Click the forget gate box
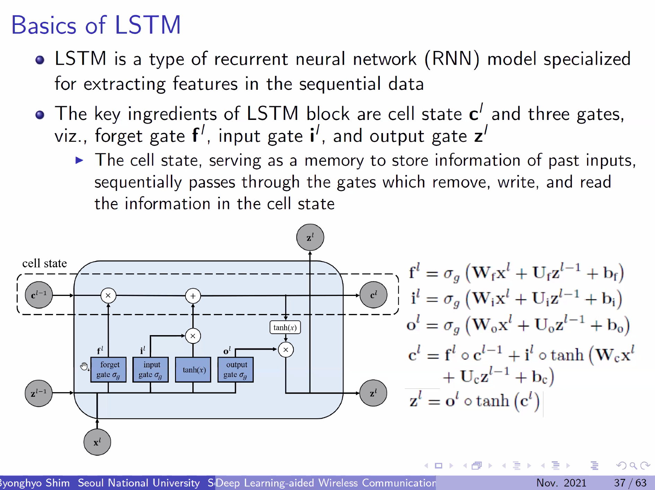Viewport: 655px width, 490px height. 108,370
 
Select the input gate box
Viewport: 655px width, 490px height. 150,370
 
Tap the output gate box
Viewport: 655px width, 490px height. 235,370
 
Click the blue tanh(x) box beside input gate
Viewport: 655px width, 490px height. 193,370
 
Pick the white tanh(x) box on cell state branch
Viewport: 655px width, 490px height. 285,327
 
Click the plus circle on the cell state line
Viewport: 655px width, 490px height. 193,296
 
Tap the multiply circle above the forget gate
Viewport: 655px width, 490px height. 108,296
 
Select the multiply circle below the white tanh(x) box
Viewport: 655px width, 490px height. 286,350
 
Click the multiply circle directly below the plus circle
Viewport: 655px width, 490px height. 193,336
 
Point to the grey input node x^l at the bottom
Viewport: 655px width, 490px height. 97,442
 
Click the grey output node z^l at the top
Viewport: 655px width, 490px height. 310,237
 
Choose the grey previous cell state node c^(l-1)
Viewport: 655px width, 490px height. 39,295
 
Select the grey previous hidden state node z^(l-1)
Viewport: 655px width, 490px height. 39,393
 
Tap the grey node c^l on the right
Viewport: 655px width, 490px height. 373,295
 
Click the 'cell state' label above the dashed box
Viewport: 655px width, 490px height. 44,263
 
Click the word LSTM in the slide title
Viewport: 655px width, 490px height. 148,25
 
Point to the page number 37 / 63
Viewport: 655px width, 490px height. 630,483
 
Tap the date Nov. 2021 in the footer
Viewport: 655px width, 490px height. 561,483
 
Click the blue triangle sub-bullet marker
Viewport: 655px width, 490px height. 79,160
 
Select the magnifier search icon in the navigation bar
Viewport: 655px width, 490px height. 633,466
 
